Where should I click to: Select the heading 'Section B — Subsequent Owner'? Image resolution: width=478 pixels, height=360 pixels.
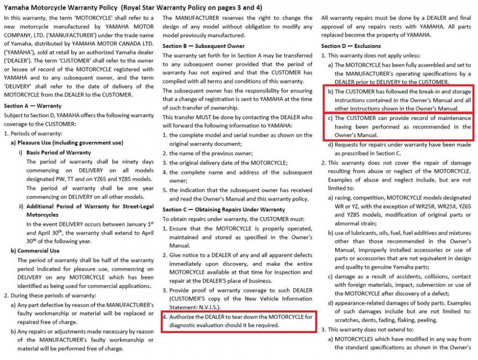204,46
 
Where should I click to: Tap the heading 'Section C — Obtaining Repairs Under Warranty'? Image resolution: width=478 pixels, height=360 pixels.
224,209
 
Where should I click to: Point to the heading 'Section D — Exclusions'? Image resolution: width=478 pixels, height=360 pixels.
351,46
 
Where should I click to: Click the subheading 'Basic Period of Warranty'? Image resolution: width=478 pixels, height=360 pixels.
58,152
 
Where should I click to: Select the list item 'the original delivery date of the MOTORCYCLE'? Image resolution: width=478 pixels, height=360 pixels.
228,163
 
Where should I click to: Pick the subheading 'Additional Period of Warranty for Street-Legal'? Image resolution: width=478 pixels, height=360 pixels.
90,206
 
